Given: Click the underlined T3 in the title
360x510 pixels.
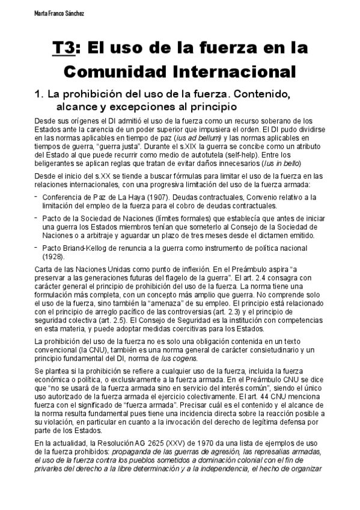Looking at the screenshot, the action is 63,48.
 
